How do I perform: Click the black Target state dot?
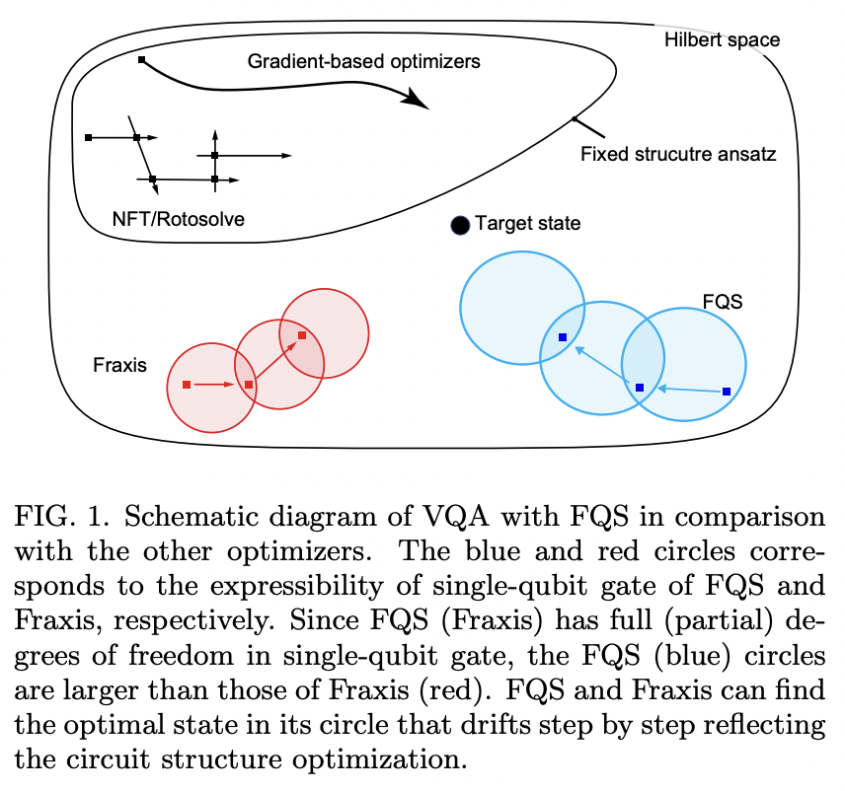pos(460,225)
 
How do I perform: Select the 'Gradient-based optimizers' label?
pos(363,61)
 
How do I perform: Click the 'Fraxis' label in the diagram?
pos(120,365)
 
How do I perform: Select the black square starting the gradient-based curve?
pos(141,61)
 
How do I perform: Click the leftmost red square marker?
pos(187,384)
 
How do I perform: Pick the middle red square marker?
pos(249,385)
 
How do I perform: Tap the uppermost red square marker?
pos(302,336)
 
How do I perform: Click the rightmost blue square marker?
pos(727,392)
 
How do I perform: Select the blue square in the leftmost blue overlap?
pos(563,337)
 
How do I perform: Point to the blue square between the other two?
pos(640,388)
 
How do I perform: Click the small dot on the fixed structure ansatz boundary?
pos(575,119)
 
